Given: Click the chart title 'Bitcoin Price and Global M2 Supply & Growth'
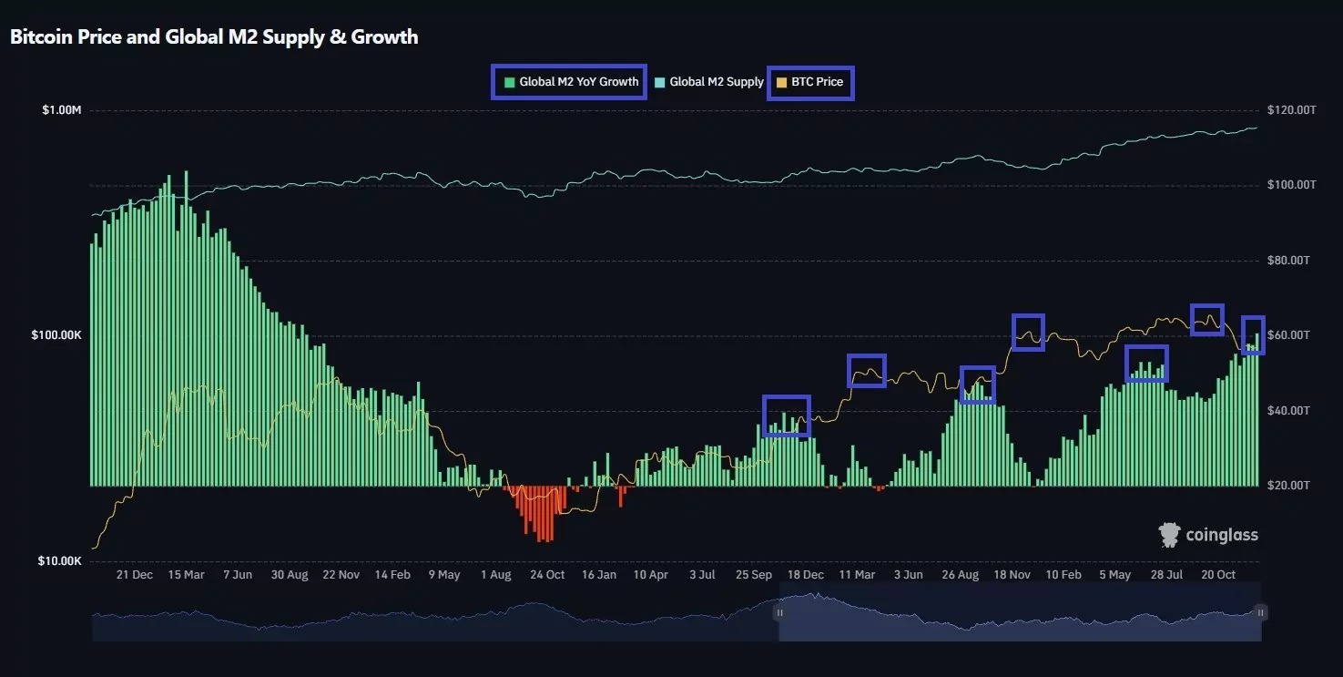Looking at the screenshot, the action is point(214,37).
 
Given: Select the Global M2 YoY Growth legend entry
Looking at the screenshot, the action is point(572,82).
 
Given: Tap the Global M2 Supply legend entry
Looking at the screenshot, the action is point(709,82).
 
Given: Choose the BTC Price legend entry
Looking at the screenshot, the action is point(810,82).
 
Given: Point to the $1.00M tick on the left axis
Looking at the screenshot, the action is point(61,110).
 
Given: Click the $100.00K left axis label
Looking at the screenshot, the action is point(56,335).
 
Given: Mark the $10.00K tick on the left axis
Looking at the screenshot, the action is point(59,561).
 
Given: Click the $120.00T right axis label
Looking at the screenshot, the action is point(1291,110).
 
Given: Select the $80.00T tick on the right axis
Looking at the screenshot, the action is point(1288,260).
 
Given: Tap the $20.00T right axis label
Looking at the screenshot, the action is point(1288,485).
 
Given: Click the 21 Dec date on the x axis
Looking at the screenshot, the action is point(135,575).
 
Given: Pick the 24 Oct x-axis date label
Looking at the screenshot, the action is point(547,575).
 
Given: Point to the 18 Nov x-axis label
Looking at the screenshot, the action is point(1012,575).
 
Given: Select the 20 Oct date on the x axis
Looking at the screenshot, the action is point(1218,575).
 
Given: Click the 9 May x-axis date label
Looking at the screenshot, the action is point(444,575).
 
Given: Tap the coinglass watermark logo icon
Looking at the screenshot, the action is point(1169,535).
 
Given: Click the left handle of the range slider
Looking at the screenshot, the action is point(780,613).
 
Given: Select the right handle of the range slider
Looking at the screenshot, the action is point(1261,613).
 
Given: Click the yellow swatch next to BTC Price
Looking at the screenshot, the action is point(782,83).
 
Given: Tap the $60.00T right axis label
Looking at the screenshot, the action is point(1288,335).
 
